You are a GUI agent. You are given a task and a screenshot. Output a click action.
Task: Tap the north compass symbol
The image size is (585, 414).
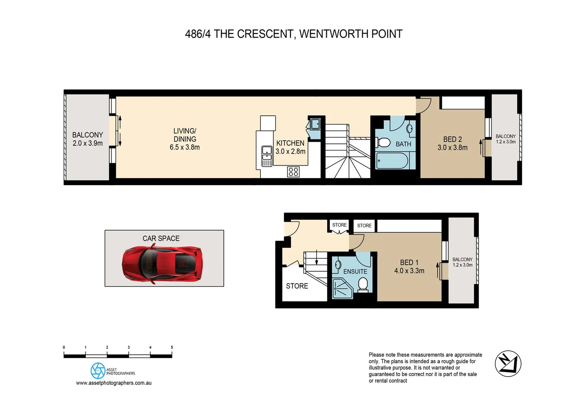tap(508, 363)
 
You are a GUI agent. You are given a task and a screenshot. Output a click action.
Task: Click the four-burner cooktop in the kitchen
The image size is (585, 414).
tap(293, 172)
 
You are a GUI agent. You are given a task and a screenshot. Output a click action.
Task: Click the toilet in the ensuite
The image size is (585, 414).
tap(363, 284)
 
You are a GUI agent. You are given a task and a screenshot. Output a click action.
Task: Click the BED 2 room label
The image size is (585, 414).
tap(452, 139)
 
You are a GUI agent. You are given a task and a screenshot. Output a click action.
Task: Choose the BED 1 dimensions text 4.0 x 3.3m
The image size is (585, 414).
tap(409, 271)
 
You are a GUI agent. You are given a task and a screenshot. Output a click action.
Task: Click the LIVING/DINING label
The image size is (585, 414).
tap(185, 135)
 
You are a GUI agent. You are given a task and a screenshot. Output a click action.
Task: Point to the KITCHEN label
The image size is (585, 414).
tap(290, 143)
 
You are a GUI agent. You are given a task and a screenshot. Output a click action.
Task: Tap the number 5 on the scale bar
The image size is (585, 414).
tap(172, 347)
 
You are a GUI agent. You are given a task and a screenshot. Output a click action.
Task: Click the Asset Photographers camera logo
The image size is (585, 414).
tap(98, 371)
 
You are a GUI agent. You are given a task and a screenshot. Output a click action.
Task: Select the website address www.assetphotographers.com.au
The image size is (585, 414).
tap(114, 383)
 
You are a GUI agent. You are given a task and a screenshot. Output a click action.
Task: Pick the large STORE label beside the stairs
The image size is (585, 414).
tap(297, 286)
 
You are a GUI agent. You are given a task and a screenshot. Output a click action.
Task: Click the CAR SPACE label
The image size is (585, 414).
tap(161, 238)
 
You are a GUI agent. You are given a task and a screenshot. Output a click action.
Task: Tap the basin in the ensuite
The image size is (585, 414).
tap(338, 265)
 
